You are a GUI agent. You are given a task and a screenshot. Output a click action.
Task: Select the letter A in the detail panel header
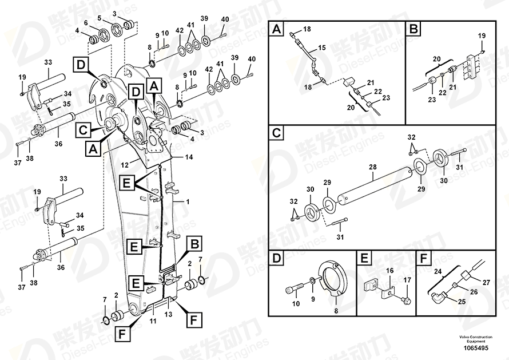277,29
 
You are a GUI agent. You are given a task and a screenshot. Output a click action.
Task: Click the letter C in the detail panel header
277,134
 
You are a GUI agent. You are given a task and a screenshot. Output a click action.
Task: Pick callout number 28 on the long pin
372,167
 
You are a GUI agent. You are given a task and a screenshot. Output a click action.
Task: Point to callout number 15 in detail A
321,48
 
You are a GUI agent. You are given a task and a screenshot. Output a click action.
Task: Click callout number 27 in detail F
487,282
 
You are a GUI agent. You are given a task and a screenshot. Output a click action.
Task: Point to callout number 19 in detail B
481,36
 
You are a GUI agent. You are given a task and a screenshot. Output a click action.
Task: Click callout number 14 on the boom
189,157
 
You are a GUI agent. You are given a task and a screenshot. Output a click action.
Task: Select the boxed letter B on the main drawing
195,244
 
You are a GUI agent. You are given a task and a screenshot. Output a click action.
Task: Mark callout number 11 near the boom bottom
153,322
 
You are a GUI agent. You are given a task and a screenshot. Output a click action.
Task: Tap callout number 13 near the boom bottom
168,314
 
